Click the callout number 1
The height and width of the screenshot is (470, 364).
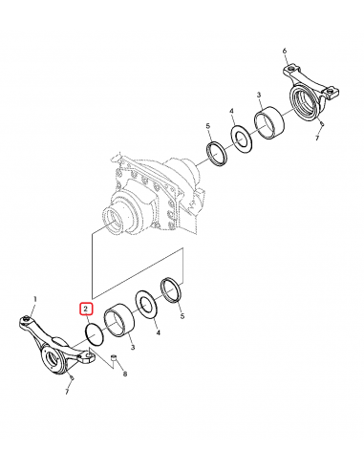point(36,299)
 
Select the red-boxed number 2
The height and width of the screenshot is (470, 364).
point(85,310)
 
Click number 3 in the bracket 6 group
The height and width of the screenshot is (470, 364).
point(259,96)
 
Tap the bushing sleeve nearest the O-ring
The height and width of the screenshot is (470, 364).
point(121,318)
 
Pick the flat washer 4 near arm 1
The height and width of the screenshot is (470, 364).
point(148,303)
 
